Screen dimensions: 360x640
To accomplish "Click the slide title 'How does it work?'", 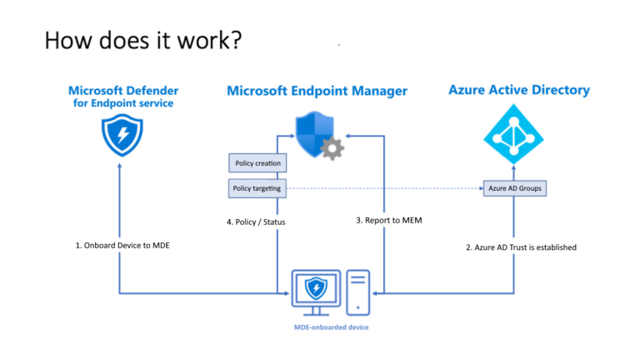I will (142, 39).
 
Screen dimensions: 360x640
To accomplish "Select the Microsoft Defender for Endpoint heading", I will (122, 96).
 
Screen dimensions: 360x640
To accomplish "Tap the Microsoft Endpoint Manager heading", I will (317, 90).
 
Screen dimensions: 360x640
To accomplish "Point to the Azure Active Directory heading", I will (518, 89).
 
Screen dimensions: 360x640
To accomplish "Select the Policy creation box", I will (257, 162).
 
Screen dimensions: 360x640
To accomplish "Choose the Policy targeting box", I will (257, 189).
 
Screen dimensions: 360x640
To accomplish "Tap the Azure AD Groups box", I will (515, 189).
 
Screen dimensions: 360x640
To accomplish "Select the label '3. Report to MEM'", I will (390, 220).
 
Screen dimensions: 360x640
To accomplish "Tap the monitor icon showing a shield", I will (315, 290).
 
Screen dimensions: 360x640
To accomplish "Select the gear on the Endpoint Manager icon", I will (332, 149).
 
